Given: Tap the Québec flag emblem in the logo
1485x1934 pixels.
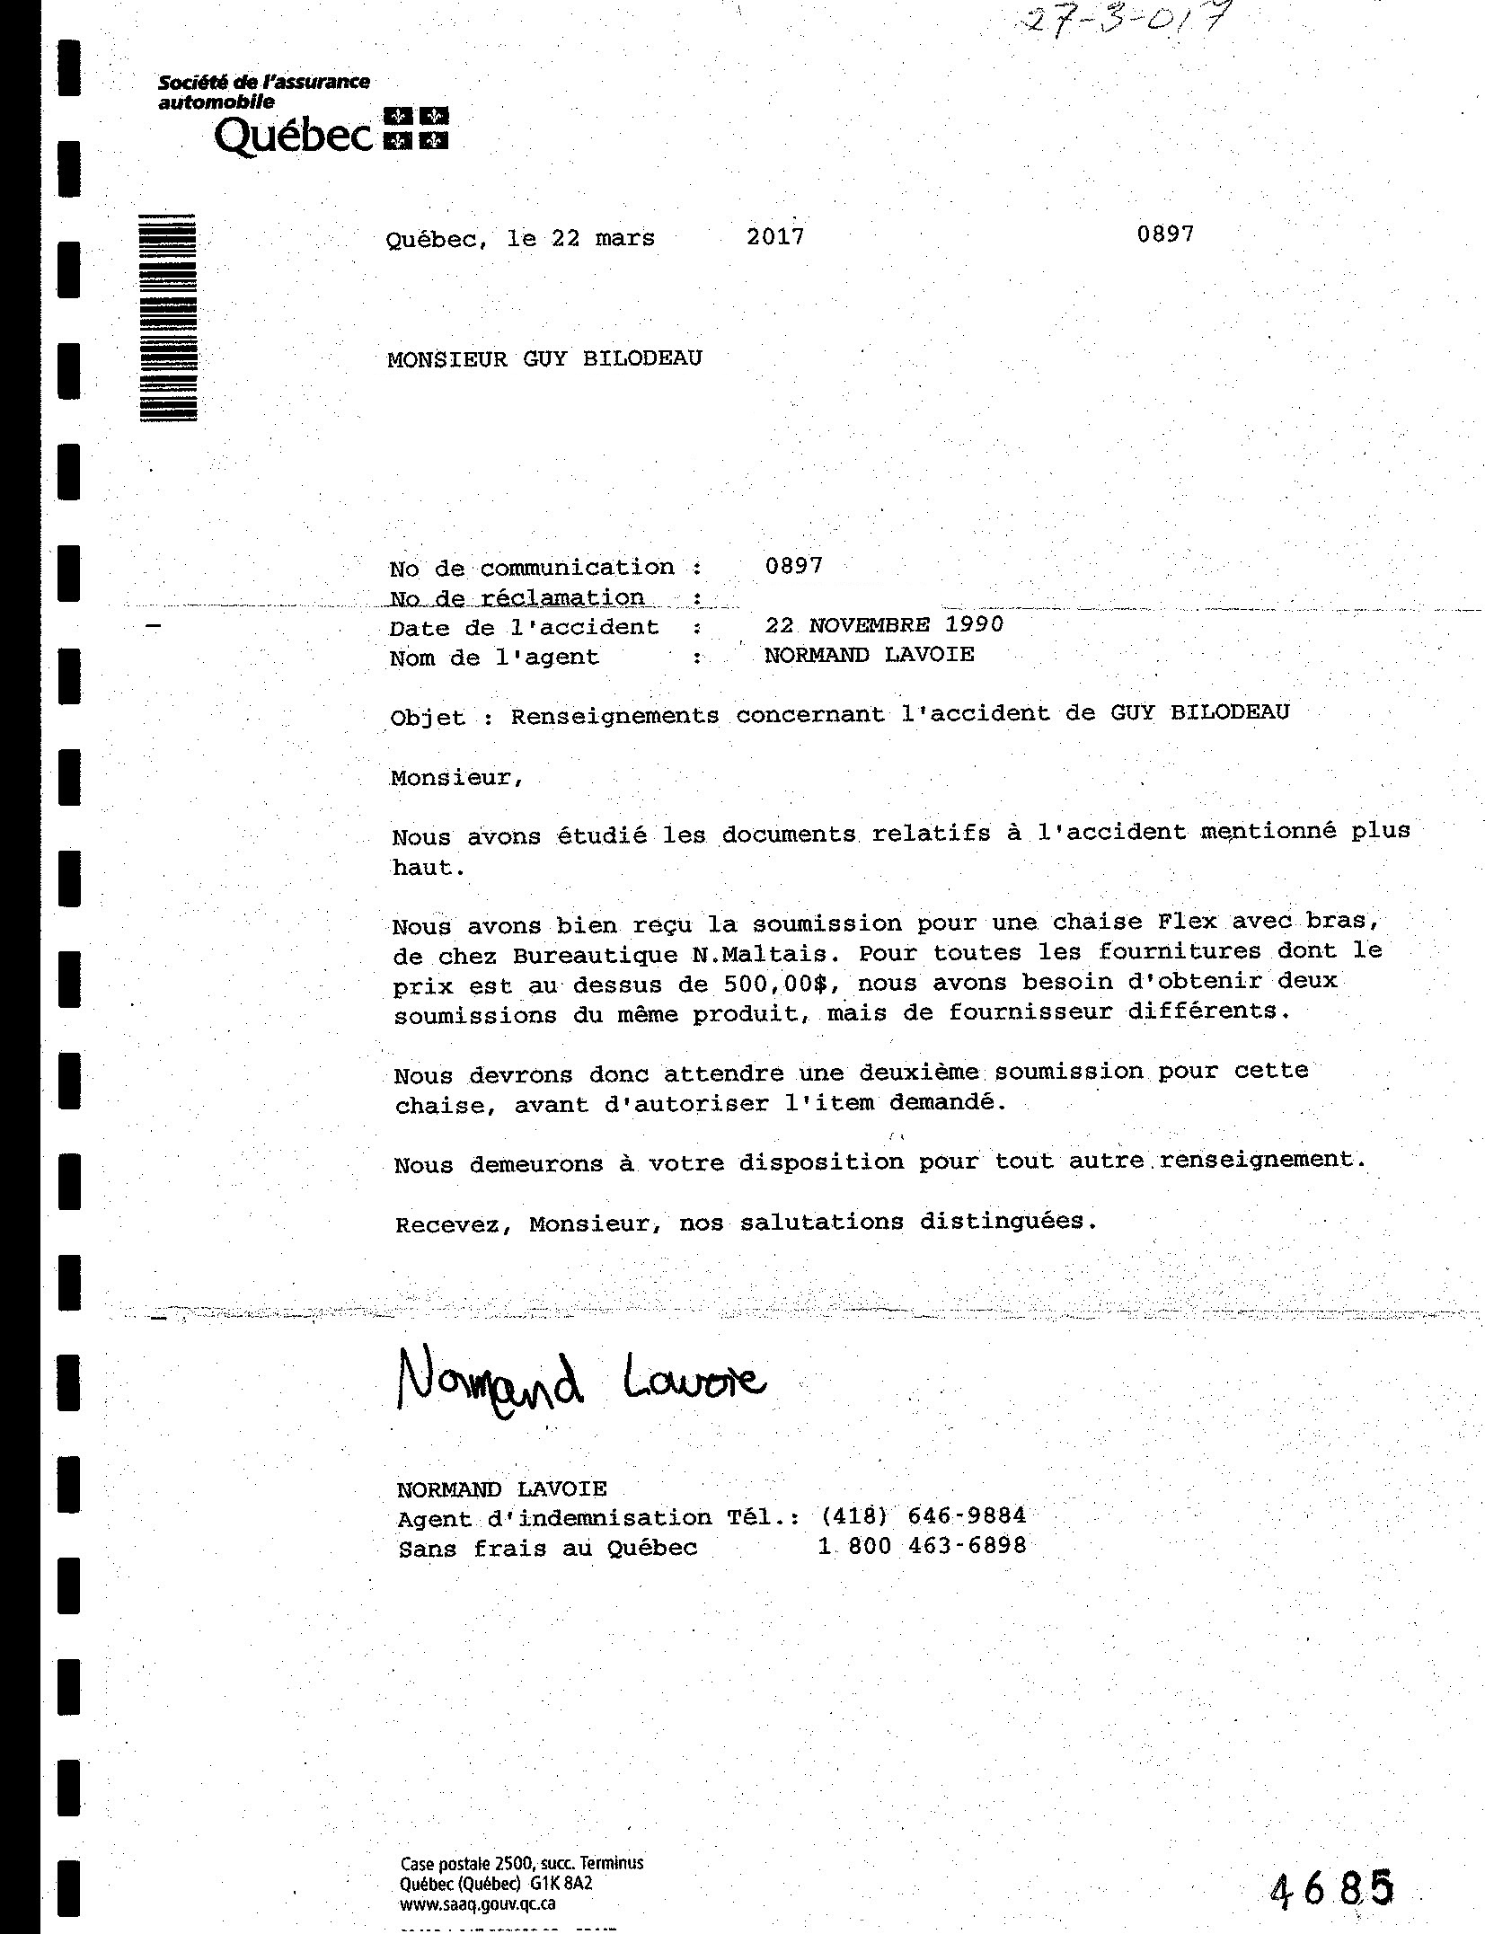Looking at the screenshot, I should click(416, 128).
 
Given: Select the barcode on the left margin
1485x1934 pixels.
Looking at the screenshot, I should click(168, 318).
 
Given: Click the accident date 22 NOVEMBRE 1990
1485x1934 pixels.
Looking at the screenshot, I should click(883, 625).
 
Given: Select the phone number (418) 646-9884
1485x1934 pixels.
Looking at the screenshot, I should click(922, 1516).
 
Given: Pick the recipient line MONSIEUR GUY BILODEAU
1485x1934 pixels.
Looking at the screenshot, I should click(544, 359).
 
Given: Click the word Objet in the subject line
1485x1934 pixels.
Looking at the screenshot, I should click(428, 718).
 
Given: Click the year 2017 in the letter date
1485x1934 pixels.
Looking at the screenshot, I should click(775, 237).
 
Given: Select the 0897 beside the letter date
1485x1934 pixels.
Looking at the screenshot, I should click(1164, 234).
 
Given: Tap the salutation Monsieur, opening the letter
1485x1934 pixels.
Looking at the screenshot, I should click(456, 778).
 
